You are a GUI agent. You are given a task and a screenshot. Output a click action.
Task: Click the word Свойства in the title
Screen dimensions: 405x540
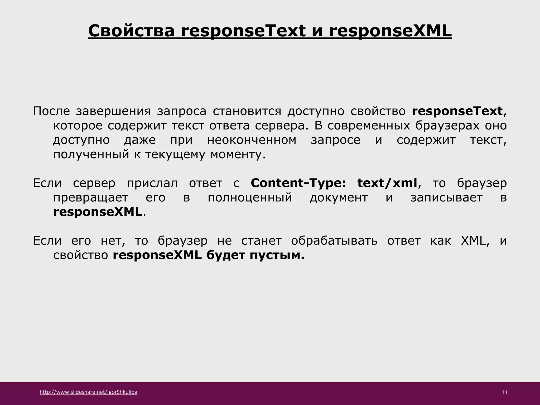click(x=131, y=31)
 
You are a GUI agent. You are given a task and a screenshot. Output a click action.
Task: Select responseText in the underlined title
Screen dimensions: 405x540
click(x=243, y=31)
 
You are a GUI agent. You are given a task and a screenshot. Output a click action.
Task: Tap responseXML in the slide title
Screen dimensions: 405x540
click(x=390, y=31)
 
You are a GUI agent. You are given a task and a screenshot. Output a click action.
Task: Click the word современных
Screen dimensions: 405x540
click(x=369, y=126)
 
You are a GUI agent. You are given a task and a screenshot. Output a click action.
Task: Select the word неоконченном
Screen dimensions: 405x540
click(x=252, y=140)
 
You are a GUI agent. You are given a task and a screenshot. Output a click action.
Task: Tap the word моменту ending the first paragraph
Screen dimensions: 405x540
click(x=238, y=154)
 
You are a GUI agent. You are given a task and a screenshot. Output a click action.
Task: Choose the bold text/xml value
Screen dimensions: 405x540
click(x=387, y=183)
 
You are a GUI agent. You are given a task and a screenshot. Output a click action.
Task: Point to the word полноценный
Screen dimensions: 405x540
click(x=250, y=197)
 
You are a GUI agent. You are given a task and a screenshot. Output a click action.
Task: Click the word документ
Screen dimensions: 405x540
click(x=339, y=197)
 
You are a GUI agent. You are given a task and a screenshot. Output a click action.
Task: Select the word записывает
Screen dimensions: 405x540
click(x=446, y=197)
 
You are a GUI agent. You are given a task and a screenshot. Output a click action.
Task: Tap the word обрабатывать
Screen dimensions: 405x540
click(x=334, y=241)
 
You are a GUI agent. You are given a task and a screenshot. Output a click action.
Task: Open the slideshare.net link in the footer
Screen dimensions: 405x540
click(x=88, y=392)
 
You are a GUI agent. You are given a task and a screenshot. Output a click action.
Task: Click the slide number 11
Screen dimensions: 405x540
click(x=504, y=392)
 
